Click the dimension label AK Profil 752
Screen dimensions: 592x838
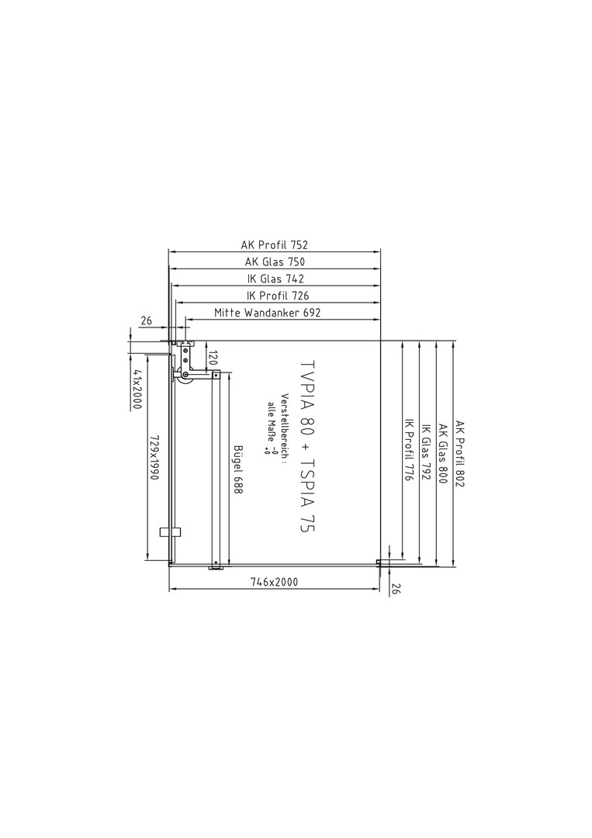tap(274, 244)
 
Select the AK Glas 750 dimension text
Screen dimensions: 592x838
tap(275, 262)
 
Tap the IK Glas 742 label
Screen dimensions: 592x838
tap(275, 279)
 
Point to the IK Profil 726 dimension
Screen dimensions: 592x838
tap(277, 296)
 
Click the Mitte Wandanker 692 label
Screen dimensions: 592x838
tap(267, 313)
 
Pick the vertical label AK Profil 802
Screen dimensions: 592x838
tap(460, 453)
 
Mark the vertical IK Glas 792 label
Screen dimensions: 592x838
tap(426, 453)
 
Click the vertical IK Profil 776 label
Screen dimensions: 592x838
tap(409, 451)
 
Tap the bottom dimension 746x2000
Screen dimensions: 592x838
tap(274, 582)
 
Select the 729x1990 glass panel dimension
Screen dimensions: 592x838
tap(154, 456)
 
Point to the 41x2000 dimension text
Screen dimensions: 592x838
tap(137, 390)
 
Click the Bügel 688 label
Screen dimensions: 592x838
tap(238, 469)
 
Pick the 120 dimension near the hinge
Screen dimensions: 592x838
tap(212, 358)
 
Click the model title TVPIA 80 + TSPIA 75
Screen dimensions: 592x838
tap(307, 445)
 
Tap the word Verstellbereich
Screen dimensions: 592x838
tap(285, 428)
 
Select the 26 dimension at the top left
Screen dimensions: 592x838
tap(147, 321)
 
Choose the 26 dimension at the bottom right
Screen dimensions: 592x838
tap(396, 588)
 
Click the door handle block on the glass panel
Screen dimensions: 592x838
tap(171, 532)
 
